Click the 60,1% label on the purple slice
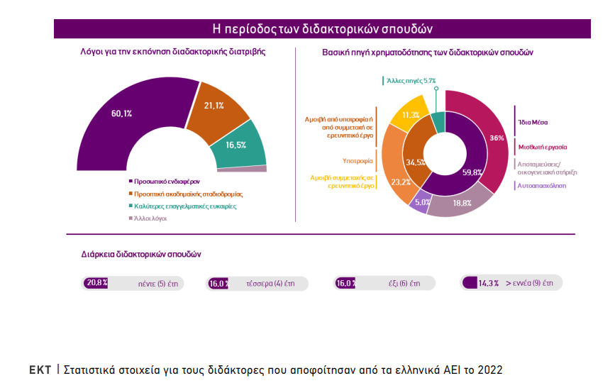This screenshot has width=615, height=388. [122, 113]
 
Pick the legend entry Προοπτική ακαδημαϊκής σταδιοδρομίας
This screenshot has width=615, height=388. [184, 194]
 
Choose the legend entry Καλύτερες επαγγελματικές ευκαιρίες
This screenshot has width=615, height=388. [181, 206]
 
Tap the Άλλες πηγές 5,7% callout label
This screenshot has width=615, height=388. [411, 81]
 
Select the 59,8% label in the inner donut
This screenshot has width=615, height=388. [472, 172]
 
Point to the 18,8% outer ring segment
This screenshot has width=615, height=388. [462, 202]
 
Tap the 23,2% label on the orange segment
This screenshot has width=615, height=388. [401, 182]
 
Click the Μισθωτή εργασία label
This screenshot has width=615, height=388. [541, 147]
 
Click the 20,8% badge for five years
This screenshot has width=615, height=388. [96, 282]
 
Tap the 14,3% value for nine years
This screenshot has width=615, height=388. [489, 283]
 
